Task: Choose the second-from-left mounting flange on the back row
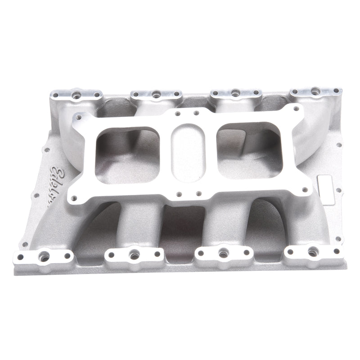tap(155, 94)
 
